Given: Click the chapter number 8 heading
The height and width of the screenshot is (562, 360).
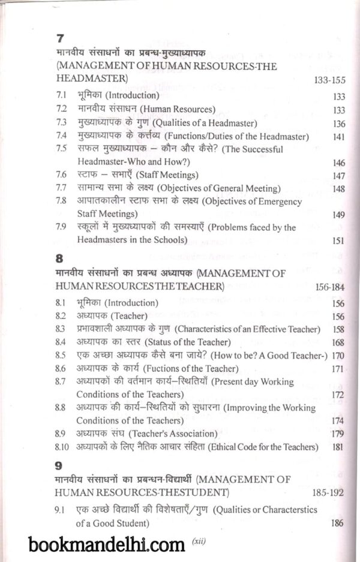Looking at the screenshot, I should coord(59,259).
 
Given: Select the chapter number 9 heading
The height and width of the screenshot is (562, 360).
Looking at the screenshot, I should coord(59,464).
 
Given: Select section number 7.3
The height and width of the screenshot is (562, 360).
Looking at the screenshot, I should coord(61,123).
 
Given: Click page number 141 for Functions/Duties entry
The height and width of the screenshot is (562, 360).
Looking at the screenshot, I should coord(338,137).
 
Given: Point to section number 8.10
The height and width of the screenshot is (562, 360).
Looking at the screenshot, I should coord(62,446).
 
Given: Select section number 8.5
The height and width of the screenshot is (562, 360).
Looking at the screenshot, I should coord(61,355).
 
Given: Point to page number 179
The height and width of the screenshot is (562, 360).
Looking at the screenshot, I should coord(338,433).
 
